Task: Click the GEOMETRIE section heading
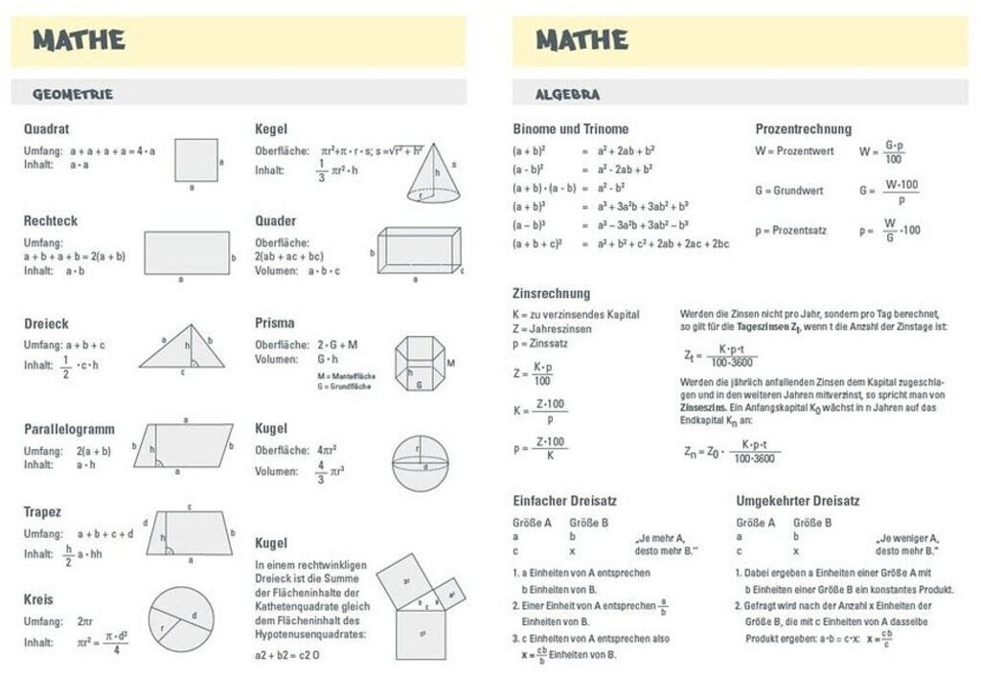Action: coord(73,94)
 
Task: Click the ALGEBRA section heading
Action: coord(568,94)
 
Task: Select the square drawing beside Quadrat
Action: coord(195,160)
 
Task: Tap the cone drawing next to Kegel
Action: coord(433,173)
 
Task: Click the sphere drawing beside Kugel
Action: coord(420,463)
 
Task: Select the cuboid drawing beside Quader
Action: coord(419,251)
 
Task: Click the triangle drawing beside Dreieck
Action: coord(182,347)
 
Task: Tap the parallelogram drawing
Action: coord(184,445)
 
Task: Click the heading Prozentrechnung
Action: coord(803,129)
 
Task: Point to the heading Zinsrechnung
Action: coord(551,293)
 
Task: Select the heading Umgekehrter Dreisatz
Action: coord(797,501)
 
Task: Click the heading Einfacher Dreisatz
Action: coord(564,501)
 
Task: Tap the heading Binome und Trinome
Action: coord(570,129)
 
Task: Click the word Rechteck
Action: coord(51,220)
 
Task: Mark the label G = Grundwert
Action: coord(788,191)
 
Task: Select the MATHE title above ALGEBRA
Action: coord(582,40)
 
